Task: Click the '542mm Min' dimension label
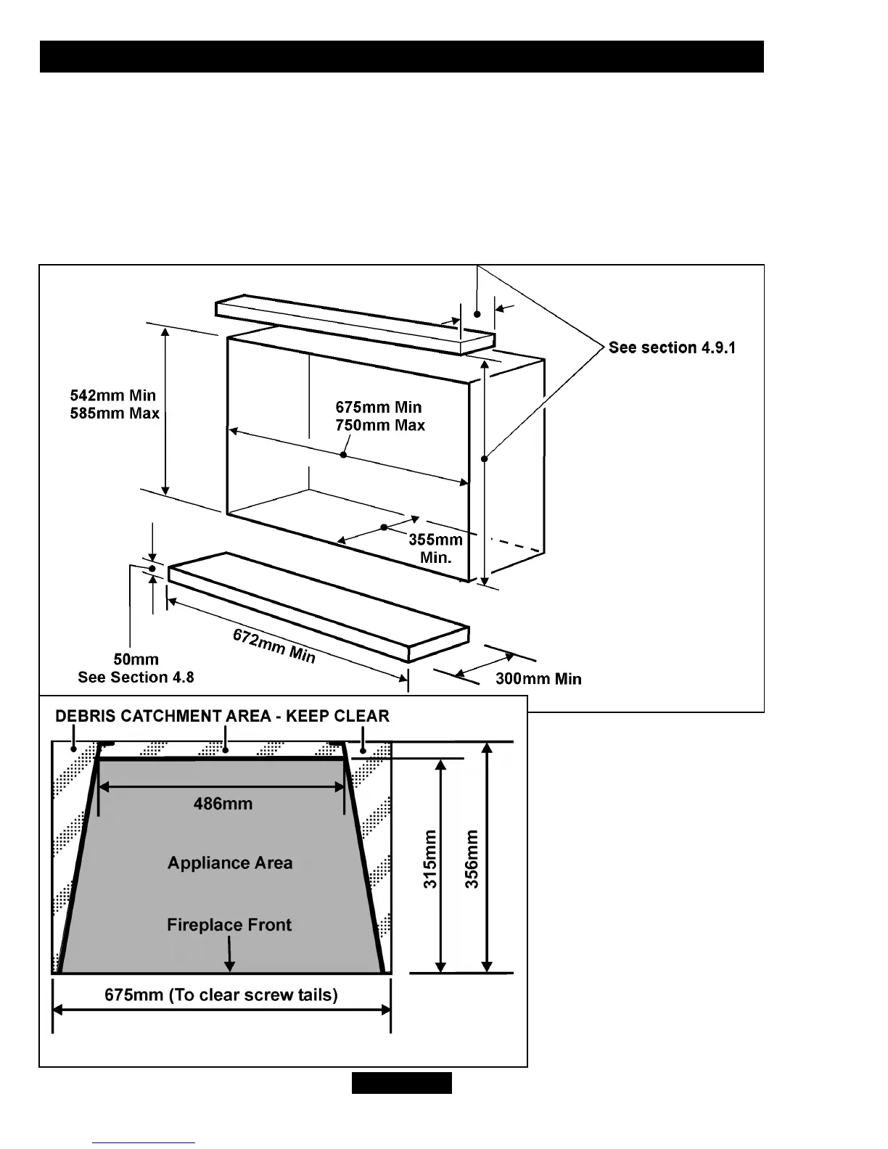click(x=112, y=395)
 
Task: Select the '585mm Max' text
click(x=114, y=413)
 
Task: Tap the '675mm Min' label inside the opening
click(x=378, y=407)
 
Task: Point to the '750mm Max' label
click(x=379, y=425)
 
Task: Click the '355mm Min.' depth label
click(x=435, y=548)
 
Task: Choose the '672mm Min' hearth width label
click(x=274, y=646)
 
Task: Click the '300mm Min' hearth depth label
click(x=538, y=679)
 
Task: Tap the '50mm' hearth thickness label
click(x=136, y=659)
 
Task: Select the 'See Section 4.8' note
click(x=136, y=678)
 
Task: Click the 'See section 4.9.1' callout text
click(x=672, y=347)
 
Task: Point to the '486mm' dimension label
click(x=223, y=804)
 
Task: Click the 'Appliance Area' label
click(x=230, y=863)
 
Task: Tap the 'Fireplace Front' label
click(x=229, y=925)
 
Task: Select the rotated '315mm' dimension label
click(x=430, y=859)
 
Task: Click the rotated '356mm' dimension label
click(x=472, y=859)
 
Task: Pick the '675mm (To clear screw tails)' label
click(x=221, y=994)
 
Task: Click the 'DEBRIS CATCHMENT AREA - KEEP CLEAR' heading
click(x=222, y=716)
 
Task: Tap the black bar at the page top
click(x=401, y=57)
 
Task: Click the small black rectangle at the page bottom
click(x=402, y=1083)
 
